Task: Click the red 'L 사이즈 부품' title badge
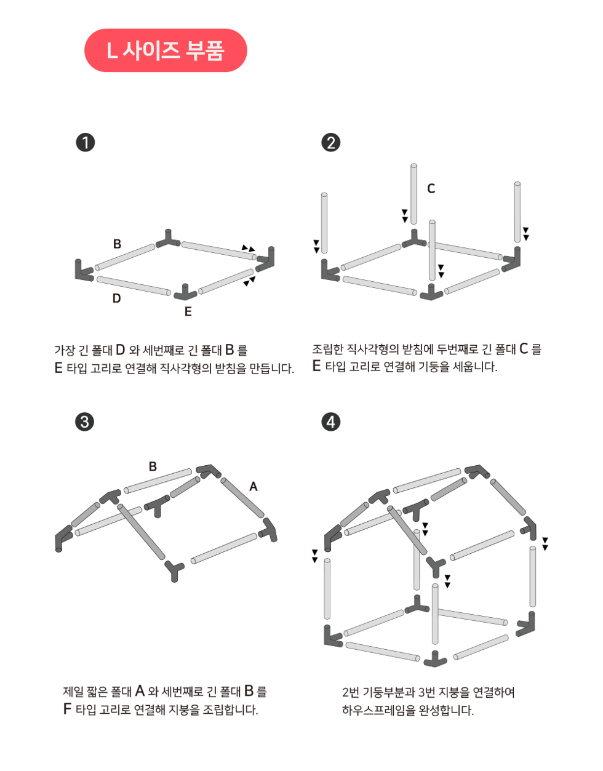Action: (166, 50)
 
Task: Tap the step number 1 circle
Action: (86, 143)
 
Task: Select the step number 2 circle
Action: (330, 143)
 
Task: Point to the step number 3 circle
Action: (84, 422)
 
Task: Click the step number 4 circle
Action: (330, 422)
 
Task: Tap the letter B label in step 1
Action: (117, 244)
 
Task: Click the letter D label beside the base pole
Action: (117, 298)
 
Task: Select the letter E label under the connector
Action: (188, 311)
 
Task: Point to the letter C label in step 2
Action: (431, 188)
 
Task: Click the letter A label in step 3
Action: (254, 487)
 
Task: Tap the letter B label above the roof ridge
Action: (153, 466)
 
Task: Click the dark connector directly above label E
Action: (185, 293)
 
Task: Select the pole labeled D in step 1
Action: (134, 286)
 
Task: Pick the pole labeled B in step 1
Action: (125, 257)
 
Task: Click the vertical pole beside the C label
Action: (413, 194)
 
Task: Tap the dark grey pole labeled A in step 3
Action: (242, 498)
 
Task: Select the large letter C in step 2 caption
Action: (524, 348)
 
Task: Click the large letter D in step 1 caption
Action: (121, 350)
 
